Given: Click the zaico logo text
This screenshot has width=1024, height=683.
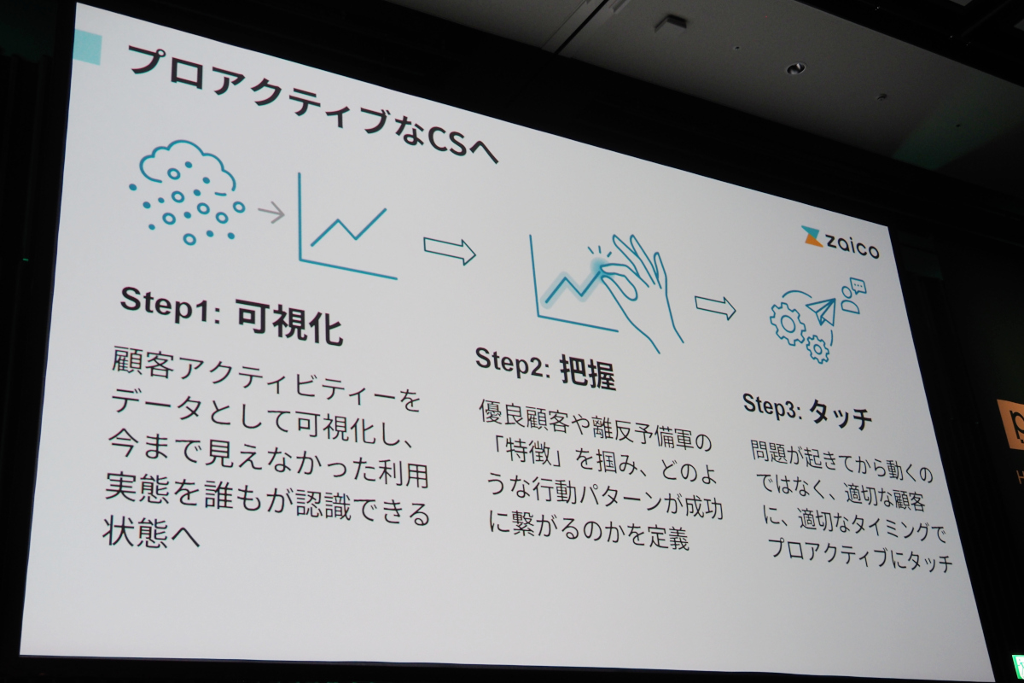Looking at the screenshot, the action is coord(852,248).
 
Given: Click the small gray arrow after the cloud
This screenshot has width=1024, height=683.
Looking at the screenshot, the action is coord(271,213).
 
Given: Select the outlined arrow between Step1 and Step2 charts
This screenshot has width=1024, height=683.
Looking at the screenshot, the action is coord(450,251).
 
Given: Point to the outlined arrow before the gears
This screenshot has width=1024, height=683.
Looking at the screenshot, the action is coord(715,307).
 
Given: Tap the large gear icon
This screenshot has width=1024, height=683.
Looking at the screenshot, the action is coord(787,324).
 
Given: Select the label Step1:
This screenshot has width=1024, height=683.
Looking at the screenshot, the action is coord(171,305).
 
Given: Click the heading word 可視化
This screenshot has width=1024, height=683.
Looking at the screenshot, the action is coord(290,324).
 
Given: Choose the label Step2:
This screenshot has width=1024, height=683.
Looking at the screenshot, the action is coord(512,363).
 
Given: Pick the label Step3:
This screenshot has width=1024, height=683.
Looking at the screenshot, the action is coord(772,406).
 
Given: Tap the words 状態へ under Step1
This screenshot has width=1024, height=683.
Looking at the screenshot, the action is coord(151,532).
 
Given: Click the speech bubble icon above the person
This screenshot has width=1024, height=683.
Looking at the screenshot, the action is coord(858,286).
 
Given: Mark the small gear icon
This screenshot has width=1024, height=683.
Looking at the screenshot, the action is coord(817,349).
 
